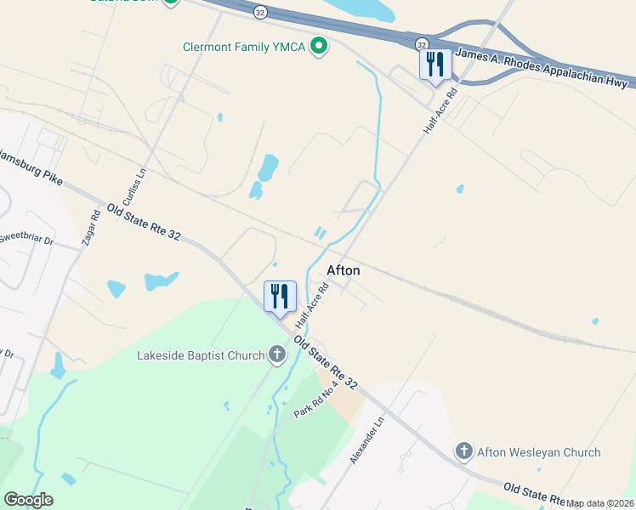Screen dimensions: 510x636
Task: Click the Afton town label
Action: click(x=344, y=270)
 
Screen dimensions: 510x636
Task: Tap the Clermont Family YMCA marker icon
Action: click(x=320, y=45)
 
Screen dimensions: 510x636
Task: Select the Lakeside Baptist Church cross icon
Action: click(x=276, y=354)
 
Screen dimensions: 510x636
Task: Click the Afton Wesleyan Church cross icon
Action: click(x=463, y=451)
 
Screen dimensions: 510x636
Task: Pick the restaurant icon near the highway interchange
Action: click(x=435, y=65)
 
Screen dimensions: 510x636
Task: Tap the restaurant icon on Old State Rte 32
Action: click(x=280, y=297)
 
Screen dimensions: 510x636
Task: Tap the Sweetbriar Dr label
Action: click(x=26, y=239)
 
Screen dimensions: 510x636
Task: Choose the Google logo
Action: click(x=28, y=500)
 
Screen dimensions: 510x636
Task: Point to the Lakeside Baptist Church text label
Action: click(x=201, y=355)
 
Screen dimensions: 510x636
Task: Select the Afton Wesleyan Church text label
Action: click(x=538, y=452)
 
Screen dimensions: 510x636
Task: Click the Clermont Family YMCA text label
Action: click(x=245, y=46)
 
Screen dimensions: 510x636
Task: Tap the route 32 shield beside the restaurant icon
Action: click(x=421, y=42)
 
